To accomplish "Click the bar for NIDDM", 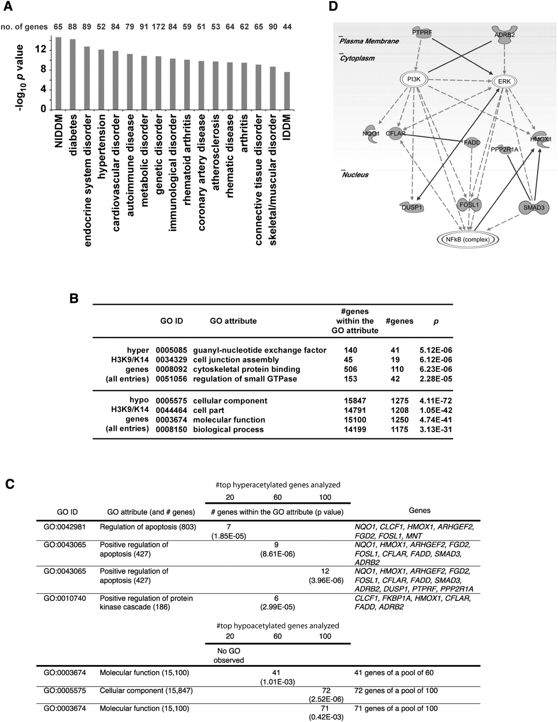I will click(x=58, y=74).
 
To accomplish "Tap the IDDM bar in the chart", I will click(x=287, y=90).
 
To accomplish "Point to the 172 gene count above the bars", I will click(x=159, y=27).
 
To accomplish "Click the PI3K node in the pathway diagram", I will click(x=414, y=79).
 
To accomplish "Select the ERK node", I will click(x=505, y=81).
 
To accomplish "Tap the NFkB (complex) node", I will click(x=468, y=240).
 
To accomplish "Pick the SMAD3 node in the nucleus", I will click(x=533, y=207).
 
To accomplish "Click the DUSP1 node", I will click(x=412, y=207).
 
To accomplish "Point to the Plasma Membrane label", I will click(x=369, y=41).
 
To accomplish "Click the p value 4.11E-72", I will click(x=435, y=401).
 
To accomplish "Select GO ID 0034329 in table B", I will click(x=171, y=360).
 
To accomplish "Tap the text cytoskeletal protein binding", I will click(x=246, y=369).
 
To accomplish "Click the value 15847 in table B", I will click(x=355, y=401).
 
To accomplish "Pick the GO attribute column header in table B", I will click(x=233, y=321).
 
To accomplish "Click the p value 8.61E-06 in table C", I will click(x=277, y=554).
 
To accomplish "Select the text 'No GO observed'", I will click(x=229, y=656).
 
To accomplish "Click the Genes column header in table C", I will click(x=419, y=510).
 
